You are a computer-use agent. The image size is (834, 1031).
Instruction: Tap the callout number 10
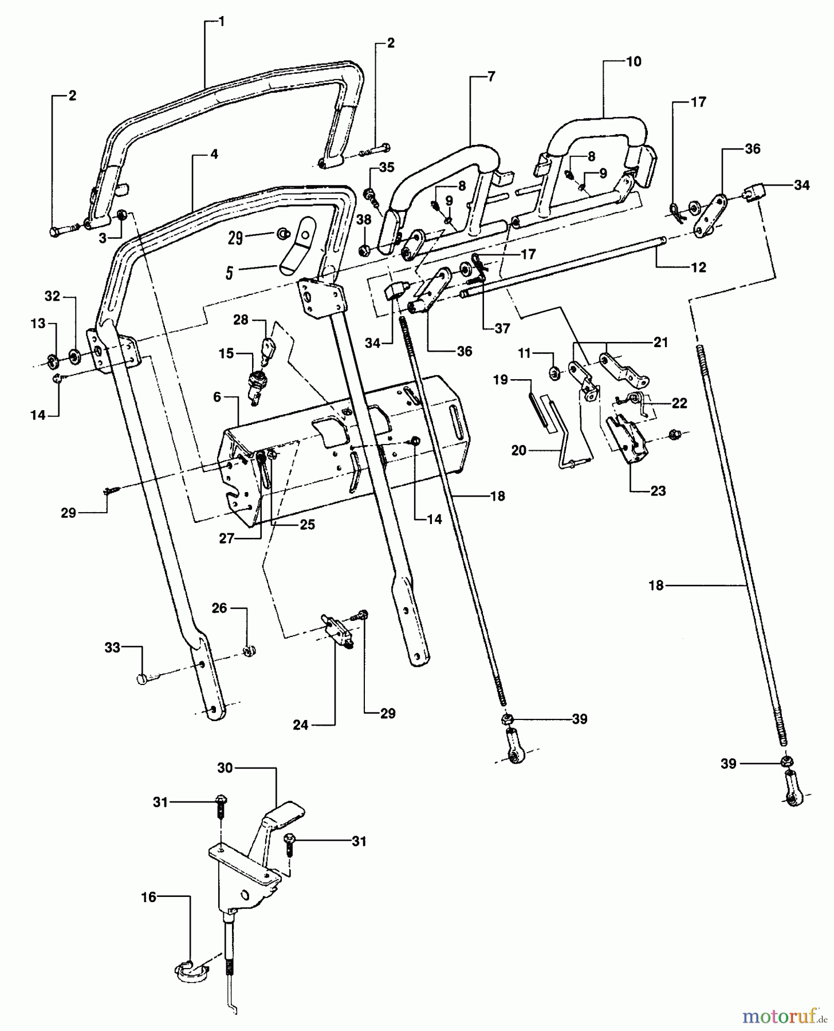click(634, 61)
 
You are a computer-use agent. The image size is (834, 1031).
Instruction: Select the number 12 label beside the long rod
click(699, 267)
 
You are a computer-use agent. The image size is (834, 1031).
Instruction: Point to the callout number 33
click(112, 647)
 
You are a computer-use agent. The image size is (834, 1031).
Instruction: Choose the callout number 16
click(148, 897)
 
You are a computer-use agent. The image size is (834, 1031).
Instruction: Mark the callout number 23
click(658, 491)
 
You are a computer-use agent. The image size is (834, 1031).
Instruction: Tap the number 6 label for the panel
click(217, 397)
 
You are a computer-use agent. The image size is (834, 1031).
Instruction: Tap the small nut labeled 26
click(249, 651)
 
